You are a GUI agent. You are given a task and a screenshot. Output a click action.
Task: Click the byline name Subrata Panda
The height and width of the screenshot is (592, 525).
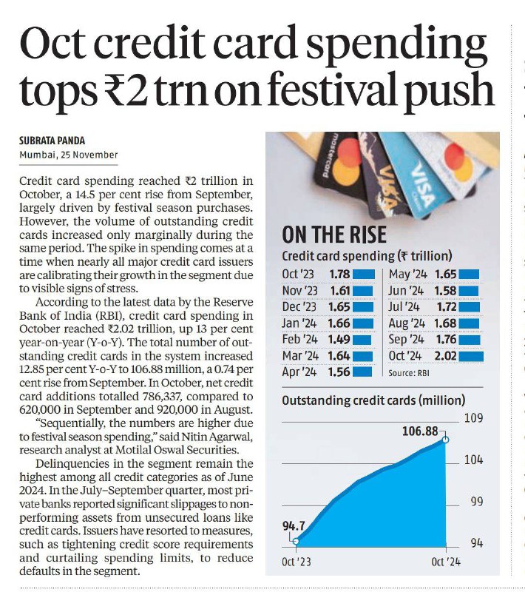click(x=52, y=141)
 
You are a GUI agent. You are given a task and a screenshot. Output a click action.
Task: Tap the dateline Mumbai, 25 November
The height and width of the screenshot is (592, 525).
click(x=69, y=155)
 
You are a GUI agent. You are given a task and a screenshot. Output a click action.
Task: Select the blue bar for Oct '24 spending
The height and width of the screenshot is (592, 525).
click(x=472, y=356)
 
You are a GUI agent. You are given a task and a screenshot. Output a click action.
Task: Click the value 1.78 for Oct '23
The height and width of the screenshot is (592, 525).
click(x=339, y=274)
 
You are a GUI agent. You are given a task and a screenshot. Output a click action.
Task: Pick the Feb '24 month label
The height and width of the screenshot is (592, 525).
click(x=299, y=340)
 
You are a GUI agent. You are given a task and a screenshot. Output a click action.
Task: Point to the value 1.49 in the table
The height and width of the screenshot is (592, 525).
click(x=339, y=340)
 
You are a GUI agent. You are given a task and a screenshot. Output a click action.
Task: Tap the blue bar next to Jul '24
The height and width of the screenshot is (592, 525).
click(x=469, y=307)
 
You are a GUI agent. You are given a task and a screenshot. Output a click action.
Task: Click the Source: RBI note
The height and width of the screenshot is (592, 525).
click(x=409, y=373)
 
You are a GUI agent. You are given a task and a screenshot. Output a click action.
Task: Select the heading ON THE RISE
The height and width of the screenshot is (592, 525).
click(x=334, y=235)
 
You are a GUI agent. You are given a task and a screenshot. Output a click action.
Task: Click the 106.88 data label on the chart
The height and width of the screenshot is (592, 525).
click(x=420, y=431)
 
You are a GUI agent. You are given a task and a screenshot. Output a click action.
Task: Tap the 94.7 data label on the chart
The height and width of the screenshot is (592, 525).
click(x=294, y=525)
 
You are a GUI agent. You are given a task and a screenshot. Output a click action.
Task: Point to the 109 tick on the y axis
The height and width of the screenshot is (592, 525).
click(x=474, y=418)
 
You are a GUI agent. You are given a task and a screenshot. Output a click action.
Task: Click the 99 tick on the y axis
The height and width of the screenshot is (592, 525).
click(x=477, y=502)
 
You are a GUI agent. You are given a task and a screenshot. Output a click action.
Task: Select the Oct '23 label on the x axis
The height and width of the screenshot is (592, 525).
click(x=297, y=562)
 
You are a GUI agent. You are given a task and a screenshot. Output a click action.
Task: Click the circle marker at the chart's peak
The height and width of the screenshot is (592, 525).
click(x=446, y=440)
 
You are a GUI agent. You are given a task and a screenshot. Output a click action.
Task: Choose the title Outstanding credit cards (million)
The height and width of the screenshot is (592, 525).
click(x=373, y=400)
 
